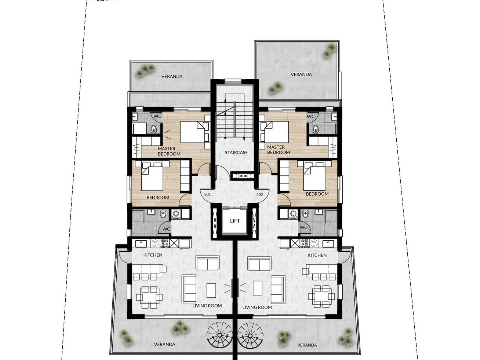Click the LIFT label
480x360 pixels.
[x=235, y=221]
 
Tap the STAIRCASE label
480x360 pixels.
[x=236, y=153]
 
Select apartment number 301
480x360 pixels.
[x=207, y=194]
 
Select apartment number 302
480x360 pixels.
[x=259, y=194]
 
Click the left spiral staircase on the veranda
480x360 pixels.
[x=219, y=335]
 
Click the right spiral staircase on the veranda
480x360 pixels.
[x=250, y=335]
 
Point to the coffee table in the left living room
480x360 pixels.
[x=211, y=290]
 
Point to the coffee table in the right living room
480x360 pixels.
[x=257, y=288]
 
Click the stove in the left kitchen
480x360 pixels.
[x=165, y=243]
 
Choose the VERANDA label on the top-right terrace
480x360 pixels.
[x=301, y=74]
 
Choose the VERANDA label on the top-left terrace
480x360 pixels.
[x=172, y=76]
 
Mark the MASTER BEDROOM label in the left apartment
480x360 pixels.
[x=169, y=151]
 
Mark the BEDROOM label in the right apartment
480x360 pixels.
[x=317, y=194]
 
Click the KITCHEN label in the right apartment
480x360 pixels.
[x=317, y=255]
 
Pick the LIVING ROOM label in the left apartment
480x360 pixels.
[x=207, y=306]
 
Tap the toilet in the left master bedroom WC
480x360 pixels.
[x=154, y=129]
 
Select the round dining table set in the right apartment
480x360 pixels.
[x=321, y=297]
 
